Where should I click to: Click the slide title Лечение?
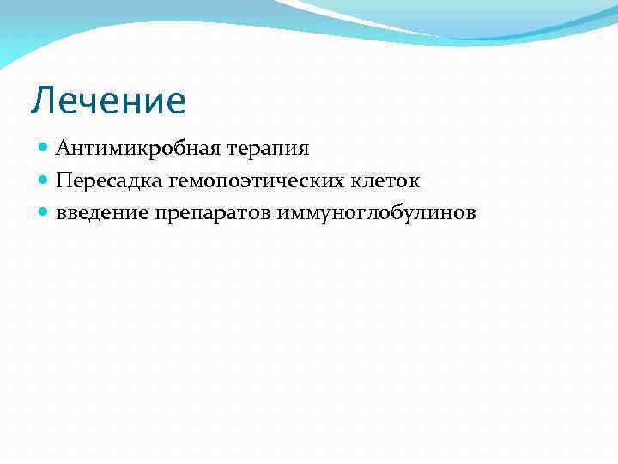pos(108,101)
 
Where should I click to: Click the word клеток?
pos(383,180)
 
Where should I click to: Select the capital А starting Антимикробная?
pos(64,149)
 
